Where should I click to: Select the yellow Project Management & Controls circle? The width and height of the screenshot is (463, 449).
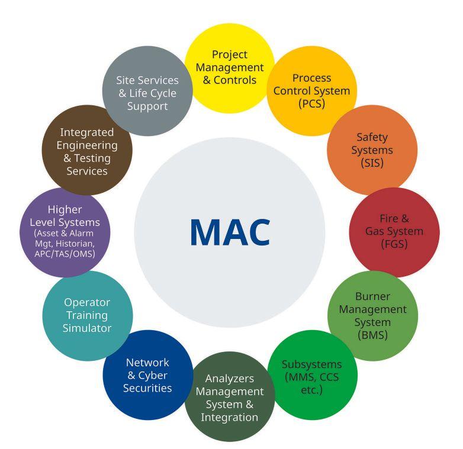tap(229, 67)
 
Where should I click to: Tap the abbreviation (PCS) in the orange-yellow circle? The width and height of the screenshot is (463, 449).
tap(311, 104)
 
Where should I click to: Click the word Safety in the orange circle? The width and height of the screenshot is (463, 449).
tap(372, 137)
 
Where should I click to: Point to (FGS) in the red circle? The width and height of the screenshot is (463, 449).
tap(394, 244)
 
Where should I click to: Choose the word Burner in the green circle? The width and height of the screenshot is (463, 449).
tap(372, 296)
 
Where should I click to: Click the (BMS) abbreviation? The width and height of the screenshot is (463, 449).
tap(372, 335)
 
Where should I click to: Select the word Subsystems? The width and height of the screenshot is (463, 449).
tap(311, 364)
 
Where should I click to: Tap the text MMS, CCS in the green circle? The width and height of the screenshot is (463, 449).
tap(311, 376)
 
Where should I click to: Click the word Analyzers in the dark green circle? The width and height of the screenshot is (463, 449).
tap(229, 378)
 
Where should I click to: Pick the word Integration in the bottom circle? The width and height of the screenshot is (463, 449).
tap(229, 417)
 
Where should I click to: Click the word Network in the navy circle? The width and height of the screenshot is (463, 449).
tap(147, 362)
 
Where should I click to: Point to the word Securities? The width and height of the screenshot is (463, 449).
tap(147, 388)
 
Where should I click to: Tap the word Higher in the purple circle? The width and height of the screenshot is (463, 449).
tap(65, 210)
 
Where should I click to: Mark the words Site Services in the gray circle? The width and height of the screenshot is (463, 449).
tap(147, 80)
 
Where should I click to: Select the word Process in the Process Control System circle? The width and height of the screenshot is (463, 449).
tap(311, 78)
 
